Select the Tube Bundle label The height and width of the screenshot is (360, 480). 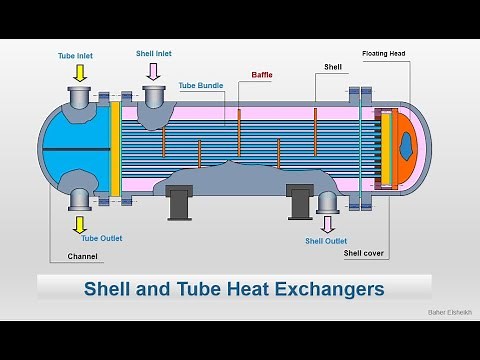199,85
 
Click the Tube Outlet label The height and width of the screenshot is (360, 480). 79,238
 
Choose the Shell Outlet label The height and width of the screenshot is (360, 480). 326,241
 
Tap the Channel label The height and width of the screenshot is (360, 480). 83,257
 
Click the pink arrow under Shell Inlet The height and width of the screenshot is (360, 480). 153,70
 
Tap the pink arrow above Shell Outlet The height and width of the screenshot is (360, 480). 327,222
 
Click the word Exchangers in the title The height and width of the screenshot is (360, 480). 330,289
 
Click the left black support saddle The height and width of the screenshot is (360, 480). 180,203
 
